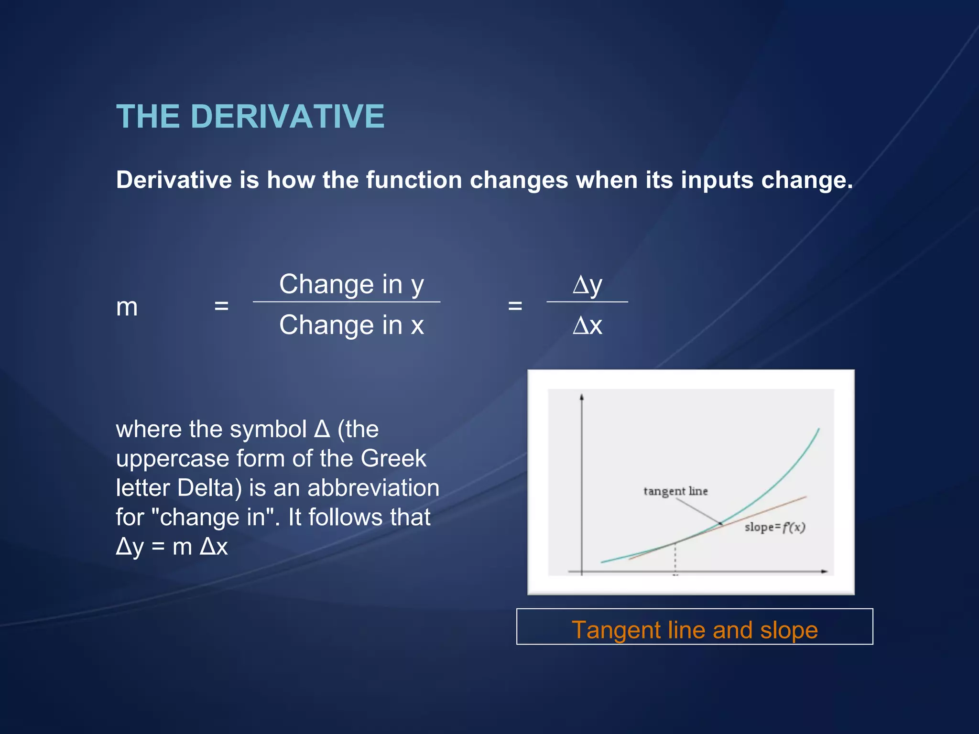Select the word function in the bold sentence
(x=414, y=180)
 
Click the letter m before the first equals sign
(x=127, y=307)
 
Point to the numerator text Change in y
(x=351, y=285)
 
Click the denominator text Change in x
(x=351, y=325)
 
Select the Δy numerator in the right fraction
(x=587, y=285)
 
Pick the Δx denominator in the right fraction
(x=587, y=326)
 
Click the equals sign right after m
(x=221, y=306)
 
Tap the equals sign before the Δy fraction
(x=515, y=306)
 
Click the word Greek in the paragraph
(x=393, y=459)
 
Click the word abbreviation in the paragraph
(x=373, y=488)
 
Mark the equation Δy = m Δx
(x=172, y=547)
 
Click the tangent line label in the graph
(x=675, y=491)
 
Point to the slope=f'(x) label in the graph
(x=775, y=528)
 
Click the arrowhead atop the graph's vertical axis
(x=582, y=397)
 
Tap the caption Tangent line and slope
(x=695, y=630)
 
